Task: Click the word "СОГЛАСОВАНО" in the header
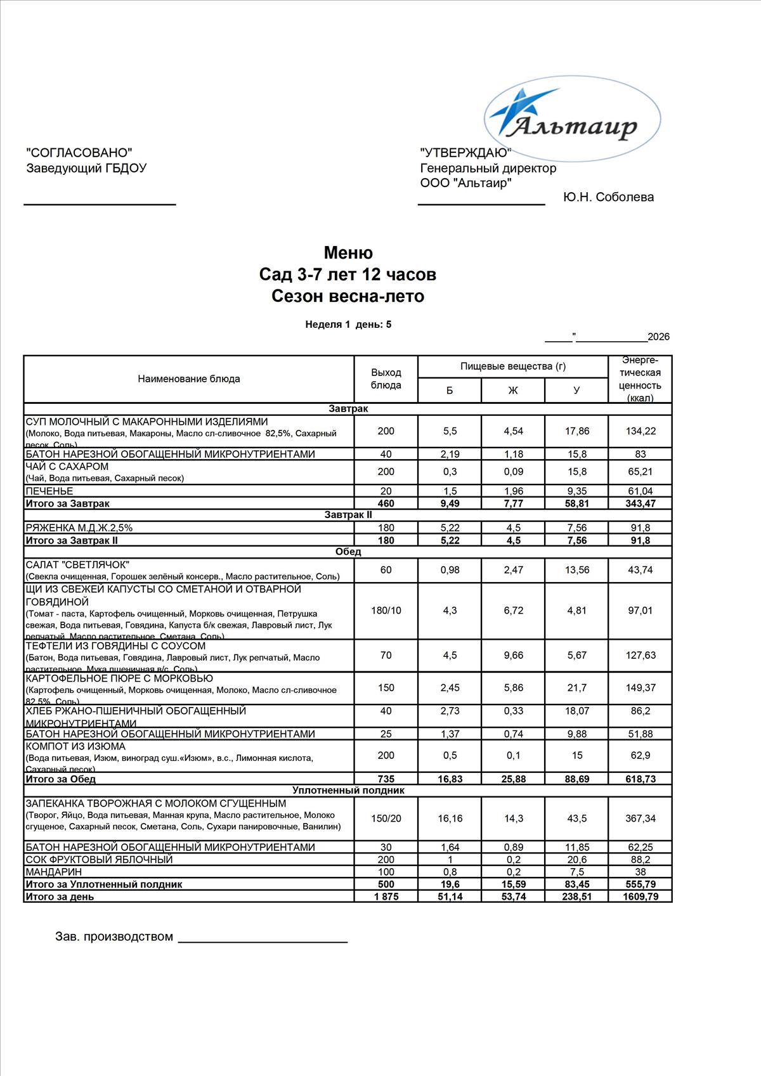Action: [79, 153]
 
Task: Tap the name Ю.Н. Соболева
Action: [608, 197]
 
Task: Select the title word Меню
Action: [348, 253]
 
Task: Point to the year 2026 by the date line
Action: [658, 337]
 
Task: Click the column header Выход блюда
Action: [386, 379]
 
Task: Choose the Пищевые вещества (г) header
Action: [512, 366]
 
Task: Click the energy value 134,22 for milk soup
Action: [640, 431]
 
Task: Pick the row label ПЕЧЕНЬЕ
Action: [49, 491]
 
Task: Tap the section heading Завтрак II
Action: [348, 515]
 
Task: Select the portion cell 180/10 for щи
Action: [386, 611]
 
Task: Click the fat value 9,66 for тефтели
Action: [513, 656]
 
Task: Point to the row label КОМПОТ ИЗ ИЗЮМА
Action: [75, 747]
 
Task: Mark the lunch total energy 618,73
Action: [640, 779]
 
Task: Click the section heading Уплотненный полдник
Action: [348, 791]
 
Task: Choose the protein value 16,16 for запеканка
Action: [450, 819]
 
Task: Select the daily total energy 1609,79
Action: [640, 897]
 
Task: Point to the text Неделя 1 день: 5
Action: [348, 325]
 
